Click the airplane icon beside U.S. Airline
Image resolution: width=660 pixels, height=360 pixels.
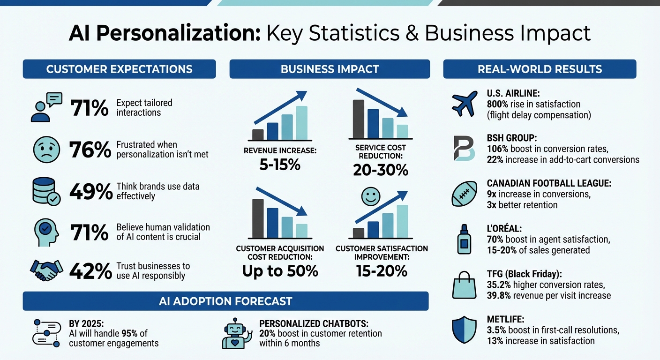pyautogui.click(x=464, y=104)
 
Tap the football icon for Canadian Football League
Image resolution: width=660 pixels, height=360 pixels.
pyautogui.click(x=464, y=194)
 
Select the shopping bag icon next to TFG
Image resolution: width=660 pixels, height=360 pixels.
pyautogui.click(x=464, y=286)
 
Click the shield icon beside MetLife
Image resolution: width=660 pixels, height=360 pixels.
pyautogui.click(x=464, y=331)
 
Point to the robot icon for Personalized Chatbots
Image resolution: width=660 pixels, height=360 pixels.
pyautogui.click(x=237, y=334)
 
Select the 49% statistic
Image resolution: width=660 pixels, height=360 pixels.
pyautogui.click(x=91, y=191)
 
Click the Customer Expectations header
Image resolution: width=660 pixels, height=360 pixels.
pyautogui.click(x=119, y=69)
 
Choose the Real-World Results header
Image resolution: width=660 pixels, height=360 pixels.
pyautogui.click(x=540, y=69)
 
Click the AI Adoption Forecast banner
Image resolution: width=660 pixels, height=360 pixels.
pyautogui.click(x=225, y=301)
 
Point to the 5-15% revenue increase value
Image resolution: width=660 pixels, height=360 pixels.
pyautogui.click(x=280, y=165)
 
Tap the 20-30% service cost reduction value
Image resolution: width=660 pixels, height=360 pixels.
pyautogui.click(x=380, y=170)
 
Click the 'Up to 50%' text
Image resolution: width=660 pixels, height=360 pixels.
pyautogui.click(x=280, y=270)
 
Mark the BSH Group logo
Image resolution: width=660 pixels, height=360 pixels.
pyautogui.click(x=464, y=148)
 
